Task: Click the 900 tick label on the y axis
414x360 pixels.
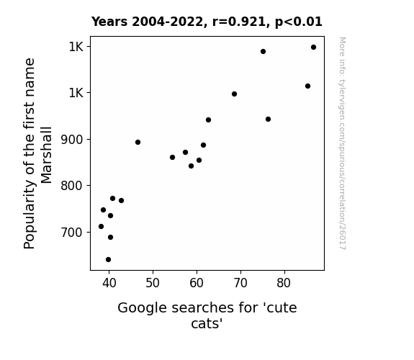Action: pos(72,140)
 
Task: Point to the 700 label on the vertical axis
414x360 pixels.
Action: pos(72,233)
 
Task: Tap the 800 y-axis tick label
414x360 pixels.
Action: pos(72,186)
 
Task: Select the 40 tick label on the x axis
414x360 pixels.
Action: pos(109,283)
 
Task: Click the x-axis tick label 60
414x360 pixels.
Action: pos(197,283)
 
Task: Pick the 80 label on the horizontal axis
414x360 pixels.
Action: pos(284,283)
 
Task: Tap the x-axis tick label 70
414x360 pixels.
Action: pos(240,283)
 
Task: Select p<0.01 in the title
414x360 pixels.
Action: pos(299,22)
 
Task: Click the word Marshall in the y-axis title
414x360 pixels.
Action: pos(47,156)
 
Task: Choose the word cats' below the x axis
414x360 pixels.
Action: pos(207,323)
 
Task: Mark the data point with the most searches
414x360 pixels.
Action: pos(313,48)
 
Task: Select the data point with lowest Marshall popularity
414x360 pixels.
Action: pos(108,260)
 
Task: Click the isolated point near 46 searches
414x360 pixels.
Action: pos(138,143)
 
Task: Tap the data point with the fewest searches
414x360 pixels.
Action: pos(101,226)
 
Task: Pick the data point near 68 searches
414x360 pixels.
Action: pos(234,94)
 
